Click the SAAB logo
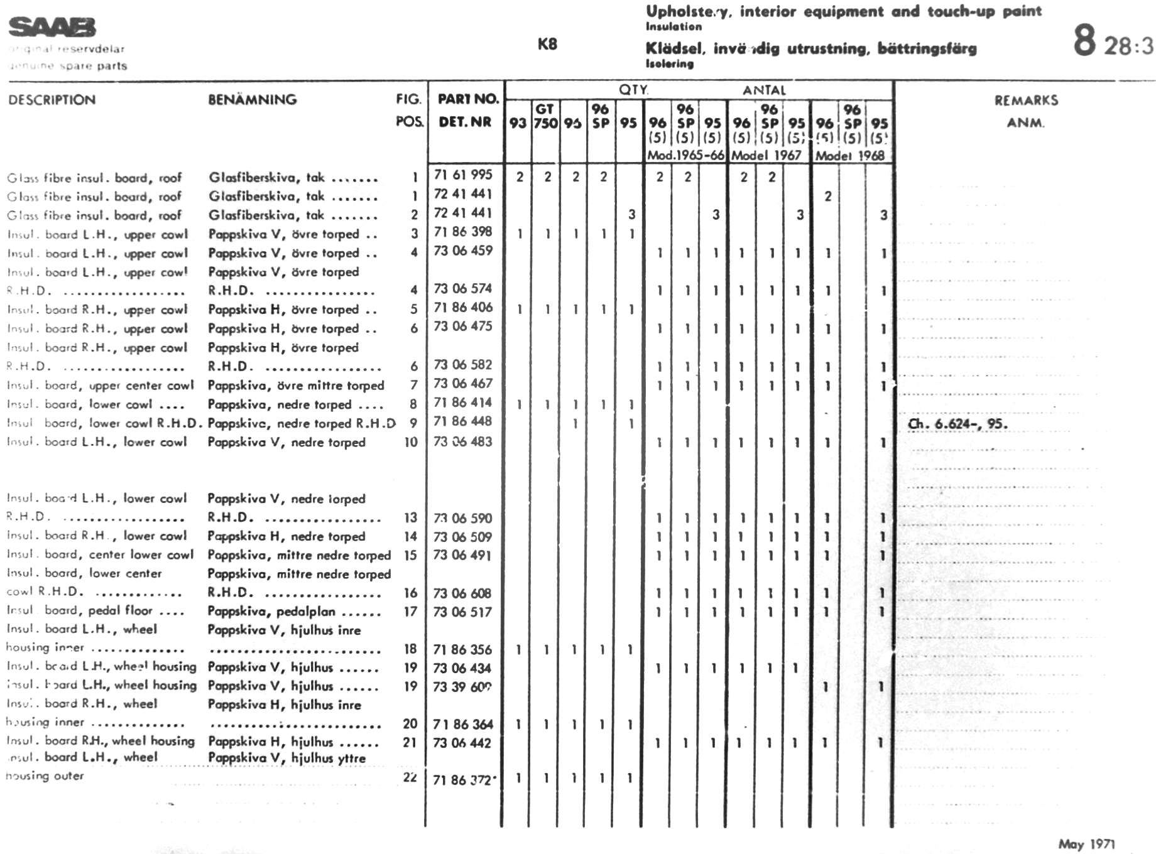coord(52,28)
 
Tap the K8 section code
coord(547,44)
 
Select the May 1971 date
coord(1086,844)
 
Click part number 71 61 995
coord(463,175)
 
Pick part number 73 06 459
coord(463,251)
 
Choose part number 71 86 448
coord(463,421)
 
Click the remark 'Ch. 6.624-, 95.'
coord(957,424)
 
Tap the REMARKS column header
coord(1026,100)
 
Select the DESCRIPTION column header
coord(52,100)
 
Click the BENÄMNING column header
coord(252,100)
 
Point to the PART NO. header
coord(468,99)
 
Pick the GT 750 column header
coord(545,116)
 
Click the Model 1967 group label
coord(766,155)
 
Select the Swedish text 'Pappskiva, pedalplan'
coord(271,612)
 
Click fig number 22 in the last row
coord(410,777)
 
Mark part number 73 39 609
coord(462,687)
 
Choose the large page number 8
coord(1084,40)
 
